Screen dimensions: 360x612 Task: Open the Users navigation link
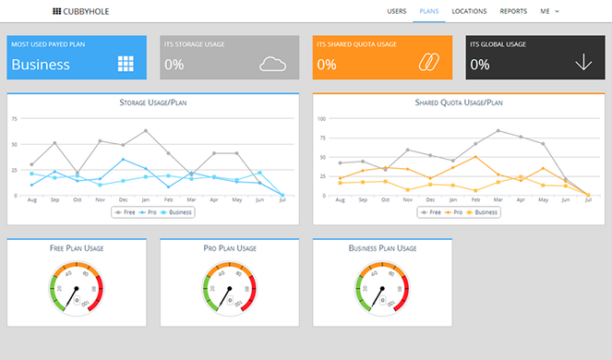[x=397, y=11]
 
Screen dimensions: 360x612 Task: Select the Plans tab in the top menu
[x=429, y=11]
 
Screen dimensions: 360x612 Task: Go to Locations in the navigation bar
[x=469, y=11]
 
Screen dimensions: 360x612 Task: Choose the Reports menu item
[x=513, y=11]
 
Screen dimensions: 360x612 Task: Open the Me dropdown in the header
[x=550, y=11]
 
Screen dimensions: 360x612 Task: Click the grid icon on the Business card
[x=126, y=64]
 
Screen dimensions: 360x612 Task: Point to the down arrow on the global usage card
[x=583, y=63]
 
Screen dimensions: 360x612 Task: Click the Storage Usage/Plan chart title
[x=152, y=102]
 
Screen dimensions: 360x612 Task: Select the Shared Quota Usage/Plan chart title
[x=458, y=102]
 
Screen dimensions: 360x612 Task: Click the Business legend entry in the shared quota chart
[x=482, y=211]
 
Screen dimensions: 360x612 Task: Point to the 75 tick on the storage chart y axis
[x=15, y=119]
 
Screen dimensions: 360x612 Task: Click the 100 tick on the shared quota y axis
[x=321, y=119]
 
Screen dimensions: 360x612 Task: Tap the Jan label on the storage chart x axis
[x=145, y=200]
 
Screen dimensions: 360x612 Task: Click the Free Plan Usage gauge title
[x=76, y=248]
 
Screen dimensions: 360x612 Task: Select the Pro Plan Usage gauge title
[x=228, y=248]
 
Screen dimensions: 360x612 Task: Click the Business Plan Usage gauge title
[x=381, y=248]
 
